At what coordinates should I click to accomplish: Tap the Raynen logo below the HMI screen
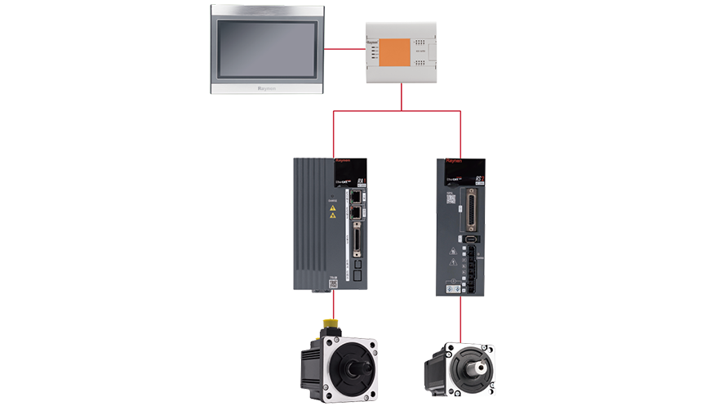tap(269, 90)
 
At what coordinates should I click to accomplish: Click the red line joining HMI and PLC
tap(345, 49)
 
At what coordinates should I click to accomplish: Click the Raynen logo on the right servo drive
tap(454, 162)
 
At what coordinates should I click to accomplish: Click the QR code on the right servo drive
tap(450, 199)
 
